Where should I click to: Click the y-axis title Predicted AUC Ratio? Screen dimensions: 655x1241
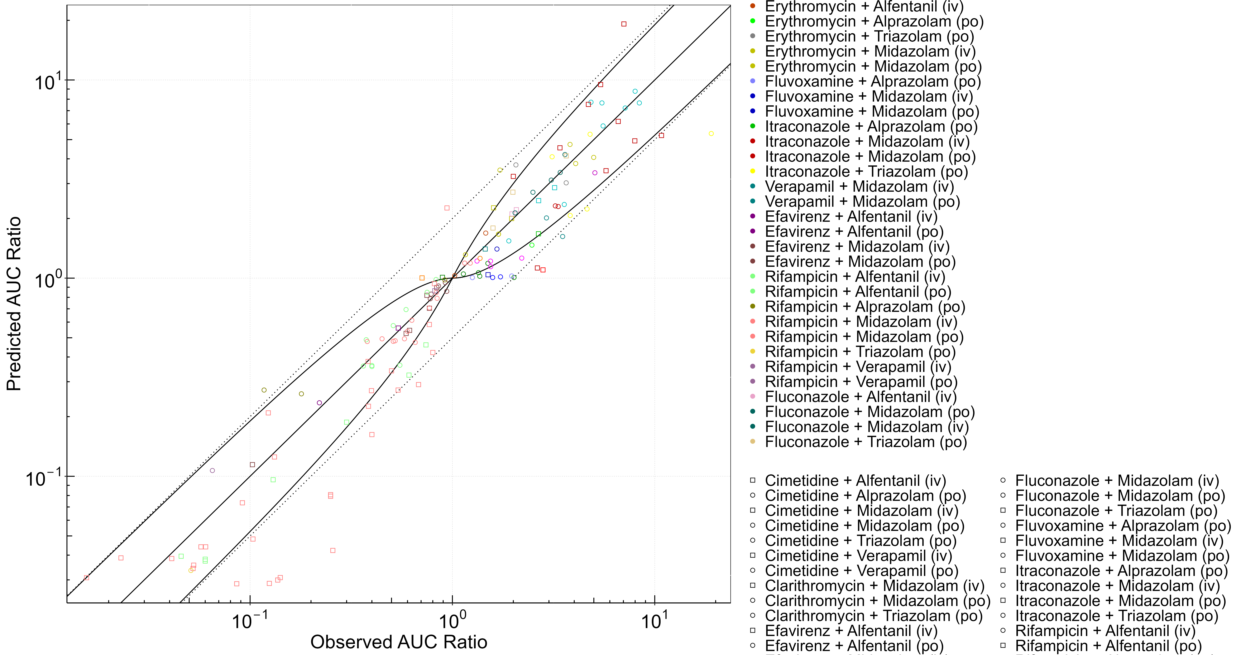point(14,304)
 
